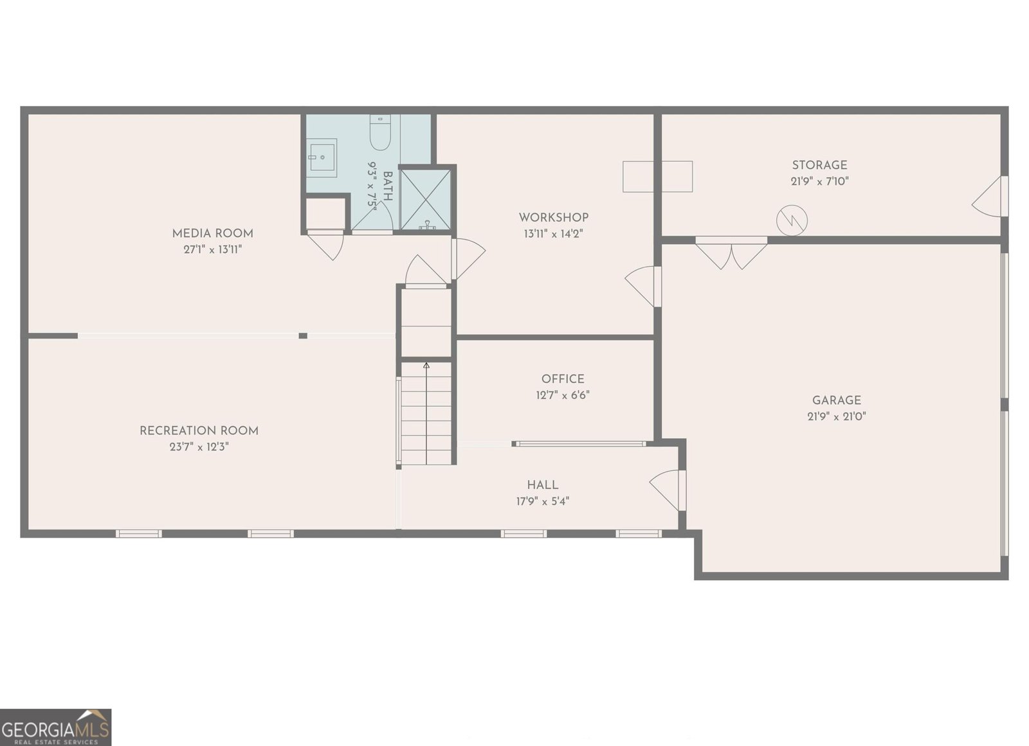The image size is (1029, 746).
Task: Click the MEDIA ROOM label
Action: pyautogui.click(x=212, y=233)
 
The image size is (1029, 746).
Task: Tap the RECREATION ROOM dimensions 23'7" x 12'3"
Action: pyautogui.click(x=199, y=447)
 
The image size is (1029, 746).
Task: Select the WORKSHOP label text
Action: pyautogui.click(x=553, y=217)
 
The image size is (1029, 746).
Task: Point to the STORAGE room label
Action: pyautogui.click(x=819, y=165)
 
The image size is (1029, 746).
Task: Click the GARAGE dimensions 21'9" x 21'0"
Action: pyautogui.click(x=836, y=416)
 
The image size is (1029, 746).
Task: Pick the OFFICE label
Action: pyautogui.click(x=563, y=379)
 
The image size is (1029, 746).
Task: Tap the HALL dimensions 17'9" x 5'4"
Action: pyautogui.click(x=542, y=502)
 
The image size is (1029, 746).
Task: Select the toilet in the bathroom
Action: pyautogui.click(x=380, y=132)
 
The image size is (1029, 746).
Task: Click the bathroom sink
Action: pyautogui.click(x=322, y=157)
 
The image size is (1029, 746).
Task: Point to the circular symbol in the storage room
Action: pyautogui.click(x=792, y=220)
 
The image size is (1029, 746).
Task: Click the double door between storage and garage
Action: pyautogui.click(x=731, y=253)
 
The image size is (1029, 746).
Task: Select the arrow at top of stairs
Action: pyautogui.click(x=426, y=366)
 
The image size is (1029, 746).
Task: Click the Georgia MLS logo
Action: pyautogui.click(x=55, y=727)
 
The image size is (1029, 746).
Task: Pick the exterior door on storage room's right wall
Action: pyautogui.click(x=990, y=197)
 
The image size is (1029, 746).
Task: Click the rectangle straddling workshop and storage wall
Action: pyautogui.click(x=657, y=176)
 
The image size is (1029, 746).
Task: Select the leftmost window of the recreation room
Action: pyautogui.click(x=138, y=533)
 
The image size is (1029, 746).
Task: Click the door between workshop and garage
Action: pyautogui.click(x=643, y=286)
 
